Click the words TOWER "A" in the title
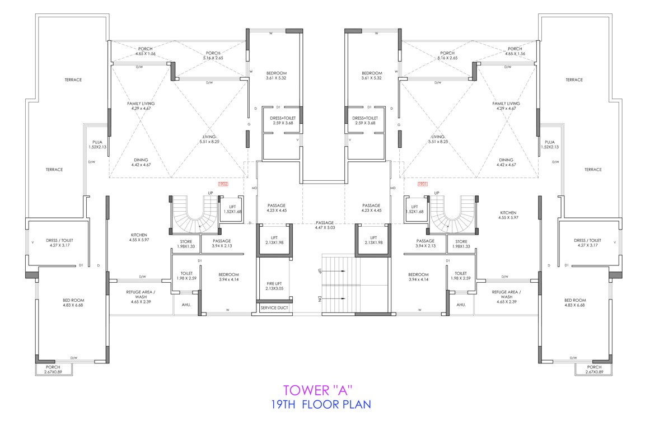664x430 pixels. (x=318, y=390)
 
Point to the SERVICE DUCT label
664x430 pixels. (x=274, y=307)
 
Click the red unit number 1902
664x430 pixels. (x=223, y=184)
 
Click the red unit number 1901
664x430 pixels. (x=422, y=184)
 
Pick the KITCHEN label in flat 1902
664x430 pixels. (x=139, y=237)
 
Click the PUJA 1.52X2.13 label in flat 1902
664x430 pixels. (x=96, y=144)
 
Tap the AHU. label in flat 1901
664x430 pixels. (x=461, y=305)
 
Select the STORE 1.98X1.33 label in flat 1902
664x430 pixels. (x=186, y=244)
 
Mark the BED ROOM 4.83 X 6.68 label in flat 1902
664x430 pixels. (x=73, y=303)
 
